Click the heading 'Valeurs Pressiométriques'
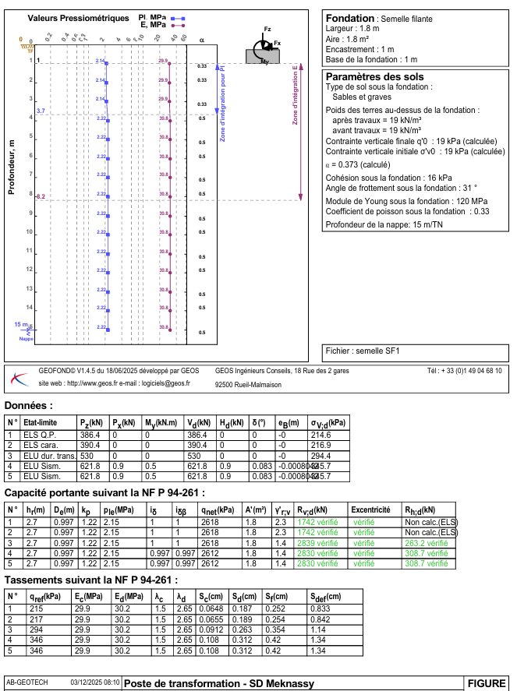pos(78,17)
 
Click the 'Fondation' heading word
pos(349,18)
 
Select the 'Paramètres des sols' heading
pos(374,76)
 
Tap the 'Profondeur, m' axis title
pos(12,166)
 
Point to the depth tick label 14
pos(30,308)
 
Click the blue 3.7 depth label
pos(41,112)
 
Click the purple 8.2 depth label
pos(41,197)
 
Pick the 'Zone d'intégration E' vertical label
pos(295,94)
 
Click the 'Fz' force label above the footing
pos(267,29)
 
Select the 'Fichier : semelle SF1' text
pos(362,351)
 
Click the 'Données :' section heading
pos(29,406)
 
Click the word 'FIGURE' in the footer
pos(487,683)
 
